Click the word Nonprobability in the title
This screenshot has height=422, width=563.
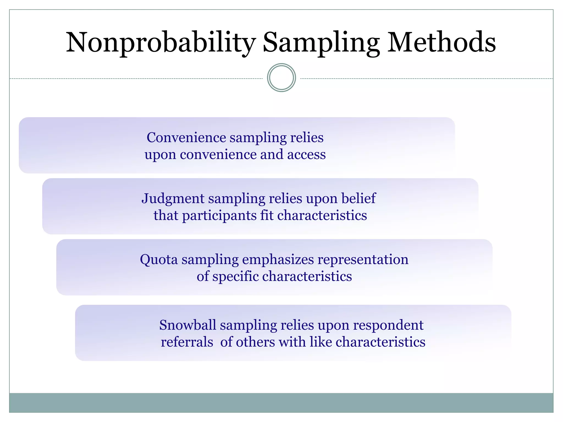tap(161, 43)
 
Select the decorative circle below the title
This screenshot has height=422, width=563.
tap(281, 78)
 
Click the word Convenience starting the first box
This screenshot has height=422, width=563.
tap(186, 137)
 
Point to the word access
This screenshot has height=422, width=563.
tap(307, 154)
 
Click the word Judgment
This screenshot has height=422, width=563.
tap(173, 199)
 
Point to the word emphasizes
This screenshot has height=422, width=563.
tap(278, 260)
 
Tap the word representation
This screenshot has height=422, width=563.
tap(363, 260)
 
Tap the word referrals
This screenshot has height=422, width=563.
tap(187, 342)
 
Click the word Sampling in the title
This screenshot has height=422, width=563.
tap(321, 43)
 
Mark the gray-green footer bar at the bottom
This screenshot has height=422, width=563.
tap(281, 403)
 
